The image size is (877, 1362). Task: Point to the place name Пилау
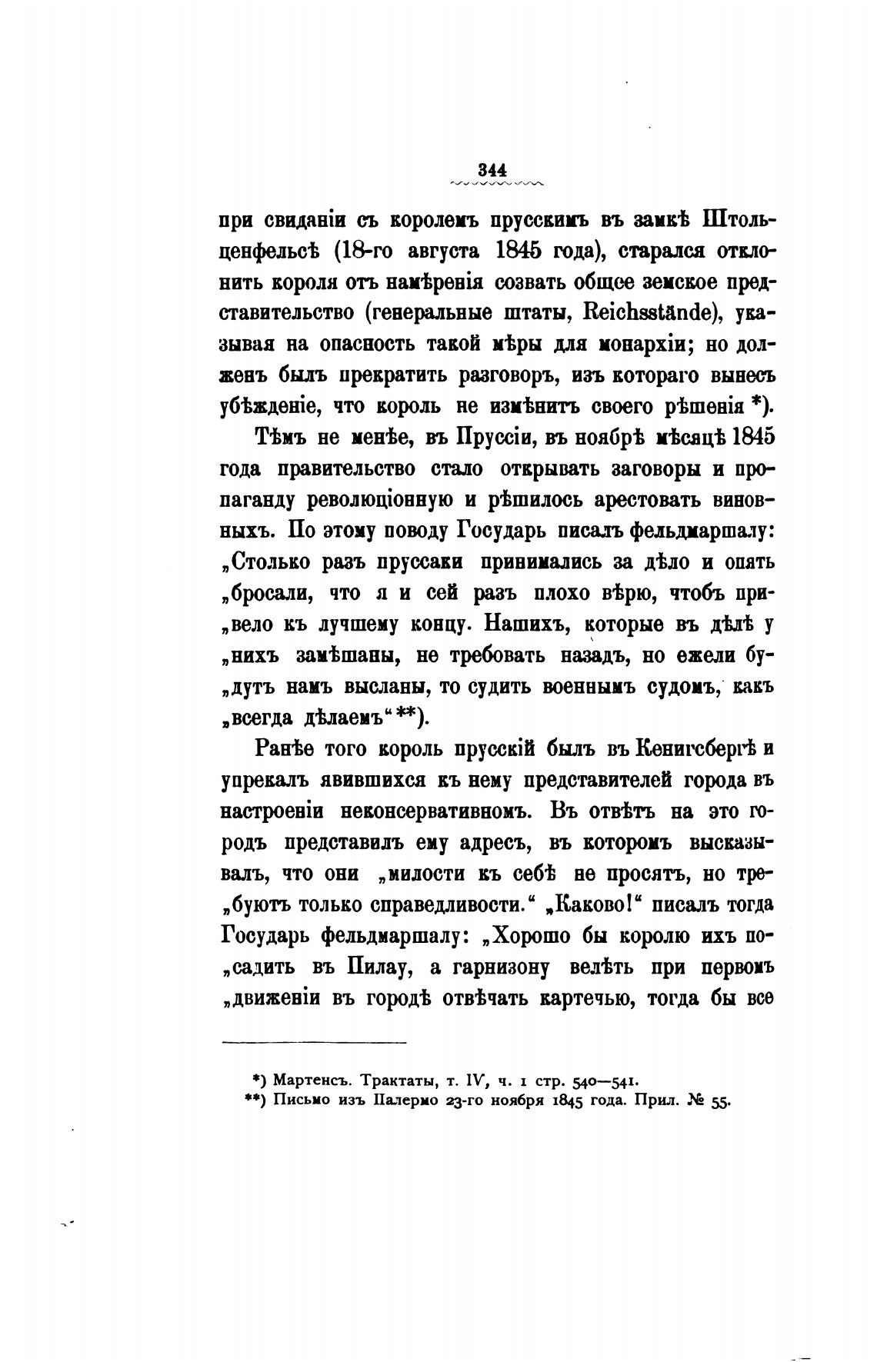click(x=378, y=967)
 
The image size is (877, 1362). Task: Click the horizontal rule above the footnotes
click(x=314, y=1043)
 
